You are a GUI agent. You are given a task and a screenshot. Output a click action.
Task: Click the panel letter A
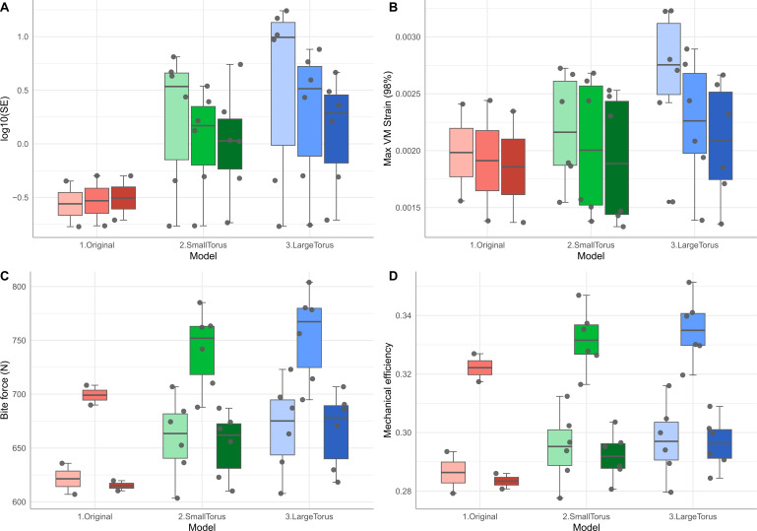(7, 8)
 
